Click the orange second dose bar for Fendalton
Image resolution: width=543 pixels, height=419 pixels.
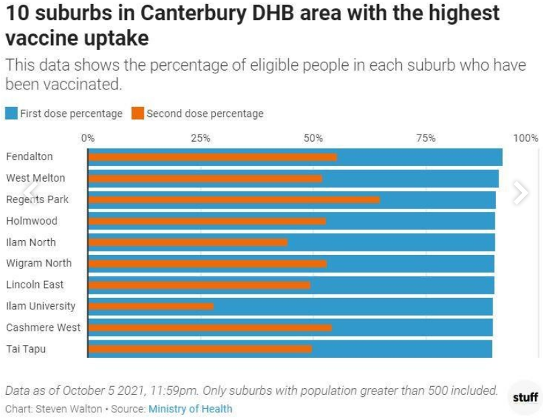click(x=212, y=157)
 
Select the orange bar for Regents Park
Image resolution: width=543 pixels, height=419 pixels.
click(x=234, y=200)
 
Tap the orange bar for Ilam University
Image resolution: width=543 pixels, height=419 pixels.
click(x=151, y=306)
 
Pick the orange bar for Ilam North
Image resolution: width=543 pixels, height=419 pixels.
click(x=187, y=242)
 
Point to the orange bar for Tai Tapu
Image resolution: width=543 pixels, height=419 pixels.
click(x=200, y=349)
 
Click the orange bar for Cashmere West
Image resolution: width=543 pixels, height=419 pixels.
click(x=210, y=328)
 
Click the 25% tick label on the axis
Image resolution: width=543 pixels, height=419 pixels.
click(x=200, y=139)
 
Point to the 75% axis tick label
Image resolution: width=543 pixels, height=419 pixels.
click(x=425, y=139)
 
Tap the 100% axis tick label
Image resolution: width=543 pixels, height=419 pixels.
click(x=526, y=139)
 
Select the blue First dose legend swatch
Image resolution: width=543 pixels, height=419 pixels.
click(x=11, y=114)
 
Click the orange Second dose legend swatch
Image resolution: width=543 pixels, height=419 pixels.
click(x=138, y=114)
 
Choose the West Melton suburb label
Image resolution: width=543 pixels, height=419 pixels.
click(x=36, y=178)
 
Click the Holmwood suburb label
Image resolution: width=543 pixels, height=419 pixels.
click(x=32, y=221)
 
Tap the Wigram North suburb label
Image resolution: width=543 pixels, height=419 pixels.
click(x=38, y=263)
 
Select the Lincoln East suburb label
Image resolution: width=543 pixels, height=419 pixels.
click(x=35, y=284)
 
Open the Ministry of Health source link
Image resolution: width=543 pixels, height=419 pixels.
click(x=190, y=409)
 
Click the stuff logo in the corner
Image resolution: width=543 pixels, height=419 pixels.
click(x=525, y=397)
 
